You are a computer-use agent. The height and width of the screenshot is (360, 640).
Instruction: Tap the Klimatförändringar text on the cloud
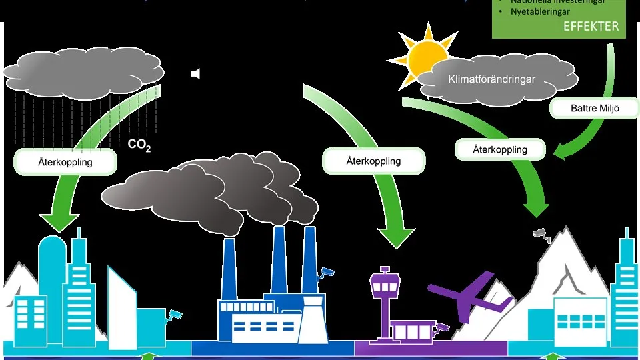[492, 79]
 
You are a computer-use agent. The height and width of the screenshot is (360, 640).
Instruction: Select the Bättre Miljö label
[585, 108]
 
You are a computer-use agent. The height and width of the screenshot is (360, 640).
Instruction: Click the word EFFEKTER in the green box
[591, 27]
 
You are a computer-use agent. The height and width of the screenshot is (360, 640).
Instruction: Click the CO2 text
[139, 145]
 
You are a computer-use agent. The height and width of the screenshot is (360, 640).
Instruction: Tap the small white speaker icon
[195, 74]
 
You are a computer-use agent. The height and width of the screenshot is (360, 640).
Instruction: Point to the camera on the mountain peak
[541, 233]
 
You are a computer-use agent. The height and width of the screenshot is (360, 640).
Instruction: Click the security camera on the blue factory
[325, 272]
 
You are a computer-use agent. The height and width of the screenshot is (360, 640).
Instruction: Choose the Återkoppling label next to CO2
[65, 162]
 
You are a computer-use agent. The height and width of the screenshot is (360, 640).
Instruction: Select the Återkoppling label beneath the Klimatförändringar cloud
[499, 149]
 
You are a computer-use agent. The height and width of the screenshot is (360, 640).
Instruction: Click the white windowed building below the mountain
[580, 319]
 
